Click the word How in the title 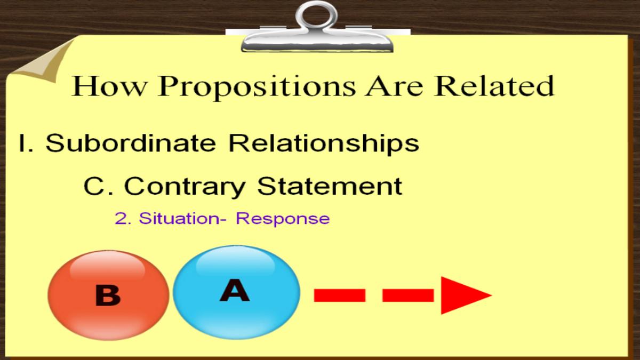pyautogui.click(x=109, y=86)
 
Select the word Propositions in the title pyautogui.click(x=257, y=87)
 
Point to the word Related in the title pyautogui.click(x=494, y=86)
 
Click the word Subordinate pyautogui.click(x=131, y=142)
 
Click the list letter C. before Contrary pyautogui.click(x=98, y=186)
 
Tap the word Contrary pyautogui.click(x=185, y=187)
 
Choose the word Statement pyautogui.click(x=330, y=186)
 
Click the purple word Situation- pyautogui.click(x=182, y=218)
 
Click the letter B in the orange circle pyautogui.click(x=108, y=295)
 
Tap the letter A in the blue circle pyautogui.click(x=235, y=290)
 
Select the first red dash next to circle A pyautogui.click(x=340, y=295)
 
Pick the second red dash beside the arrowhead pyautogui.click(x=408, y=295)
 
